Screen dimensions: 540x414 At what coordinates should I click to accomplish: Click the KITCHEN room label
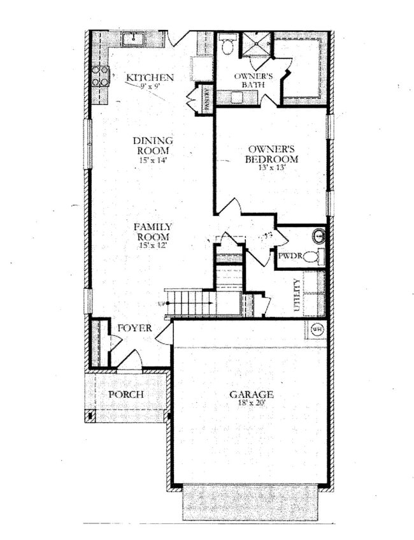[x=150, y=78]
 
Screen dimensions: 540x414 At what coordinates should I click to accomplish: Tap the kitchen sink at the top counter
[x=133, y=40]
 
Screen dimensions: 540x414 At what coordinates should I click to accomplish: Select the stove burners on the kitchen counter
[x=100, y=76]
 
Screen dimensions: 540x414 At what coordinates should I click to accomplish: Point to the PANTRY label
[x=206, y=98]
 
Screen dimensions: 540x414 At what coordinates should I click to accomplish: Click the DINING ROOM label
[x=153, y=145]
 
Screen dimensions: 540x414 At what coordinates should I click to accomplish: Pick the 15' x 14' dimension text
[x=153, y=161]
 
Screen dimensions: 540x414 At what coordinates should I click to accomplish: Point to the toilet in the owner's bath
[x=227, y=44]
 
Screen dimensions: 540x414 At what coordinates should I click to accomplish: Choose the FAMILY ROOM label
[x=153, y=231]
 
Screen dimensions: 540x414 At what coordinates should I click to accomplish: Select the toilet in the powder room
[x=313, y=257]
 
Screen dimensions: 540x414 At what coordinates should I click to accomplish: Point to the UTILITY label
[x=297, y=295]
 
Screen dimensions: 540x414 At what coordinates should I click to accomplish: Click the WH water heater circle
[x=317, y=329]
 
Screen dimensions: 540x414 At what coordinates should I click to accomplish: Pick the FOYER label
[x=134, y=328]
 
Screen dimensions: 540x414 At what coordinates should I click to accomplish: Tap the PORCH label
[x=125, y=394]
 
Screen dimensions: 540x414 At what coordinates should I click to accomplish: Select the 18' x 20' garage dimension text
[x=252, y=404]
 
